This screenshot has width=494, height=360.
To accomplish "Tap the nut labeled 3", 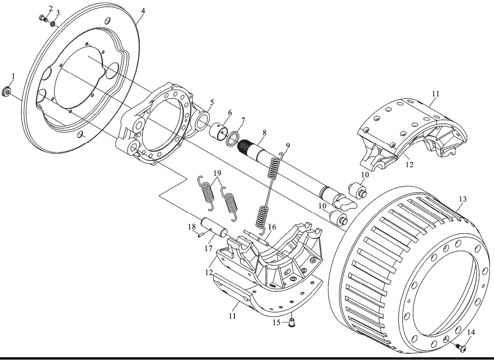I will coord(53,23).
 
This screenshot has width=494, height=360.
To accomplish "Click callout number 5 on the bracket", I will coord(211,102).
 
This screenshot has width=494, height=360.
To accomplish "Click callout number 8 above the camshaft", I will coord(264,133).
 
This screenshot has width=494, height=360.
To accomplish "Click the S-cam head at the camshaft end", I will coord(345,202).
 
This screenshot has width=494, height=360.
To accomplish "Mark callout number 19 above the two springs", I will coord(217,173).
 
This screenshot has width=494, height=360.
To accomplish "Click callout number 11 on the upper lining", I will coord(436,94).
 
